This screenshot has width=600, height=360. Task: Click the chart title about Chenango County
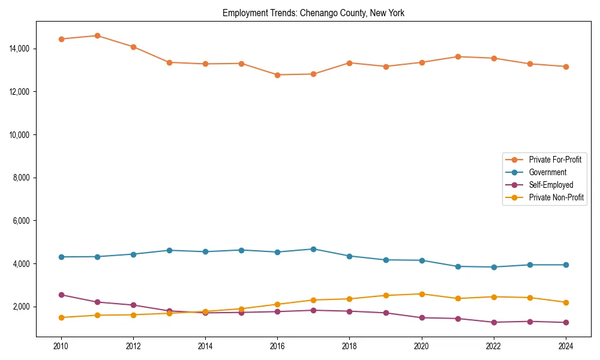point(313,13)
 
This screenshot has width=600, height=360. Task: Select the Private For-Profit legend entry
point(554,160)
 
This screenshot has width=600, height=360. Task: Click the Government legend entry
point(547,172)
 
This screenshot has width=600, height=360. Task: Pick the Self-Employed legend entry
point(551,185)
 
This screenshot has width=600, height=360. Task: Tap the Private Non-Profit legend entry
point(556,197)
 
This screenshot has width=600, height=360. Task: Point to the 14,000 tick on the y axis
point(20,49)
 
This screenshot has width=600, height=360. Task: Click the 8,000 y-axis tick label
point(22,178)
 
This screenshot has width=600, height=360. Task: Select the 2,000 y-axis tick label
point(22,307)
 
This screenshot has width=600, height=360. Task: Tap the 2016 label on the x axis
point(277,346)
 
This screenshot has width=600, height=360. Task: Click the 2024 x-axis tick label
point(565,346)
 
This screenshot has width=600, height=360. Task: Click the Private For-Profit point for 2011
point(97,35)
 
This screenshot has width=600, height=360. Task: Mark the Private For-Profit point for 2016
point(277,75)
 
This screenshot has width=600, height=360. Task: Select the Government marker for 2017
point(313,249)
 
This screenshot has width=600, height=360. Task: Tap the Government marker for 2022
point(493,267)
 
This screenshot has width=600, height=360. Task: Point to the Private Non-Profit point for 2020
point(421,294)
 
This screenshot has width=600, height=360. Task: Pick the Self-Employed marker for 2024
point(565,323)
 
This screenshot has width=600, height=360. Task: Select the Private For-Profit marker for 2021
point(457,56)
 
